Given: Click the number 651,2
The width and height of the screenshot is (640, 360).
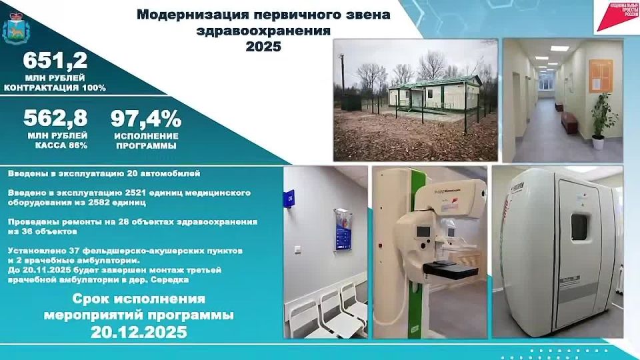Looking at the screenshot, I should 55,61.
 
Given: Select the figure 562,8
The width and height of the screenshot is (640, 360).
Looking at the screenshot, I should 55,119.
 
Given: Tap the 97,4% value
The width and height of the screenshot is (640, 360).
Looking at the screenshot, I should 145,119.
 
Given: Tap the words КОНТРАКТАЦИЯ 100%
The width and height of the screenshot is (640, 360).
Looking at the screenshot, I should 55,88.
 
